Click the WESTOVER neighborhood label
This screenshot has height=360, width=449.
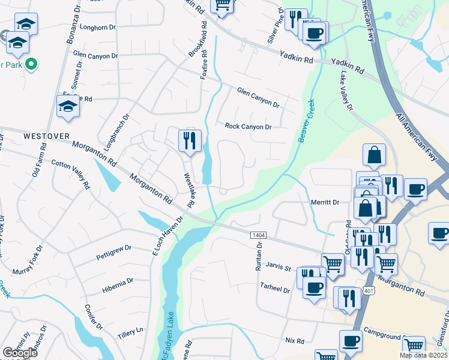pos(43,136)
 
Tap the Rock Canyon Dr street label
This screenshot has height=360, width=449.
pos(249,127)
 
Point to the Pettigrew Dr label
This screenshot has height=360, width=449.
pos(113,253)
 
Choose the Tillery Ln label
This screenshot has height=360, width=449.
pos(132,331)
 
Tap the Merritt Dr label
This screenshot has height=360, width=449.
pos(325,203)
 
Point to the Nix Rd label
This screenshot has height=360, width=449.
pos(295,340)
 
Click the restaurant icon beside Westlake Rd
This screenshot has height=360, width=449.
pos(190,141)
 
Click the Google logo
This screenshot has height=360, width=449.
pos(20,353)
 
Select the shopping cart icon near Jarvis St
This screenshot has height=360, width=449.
pos(333,262)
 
